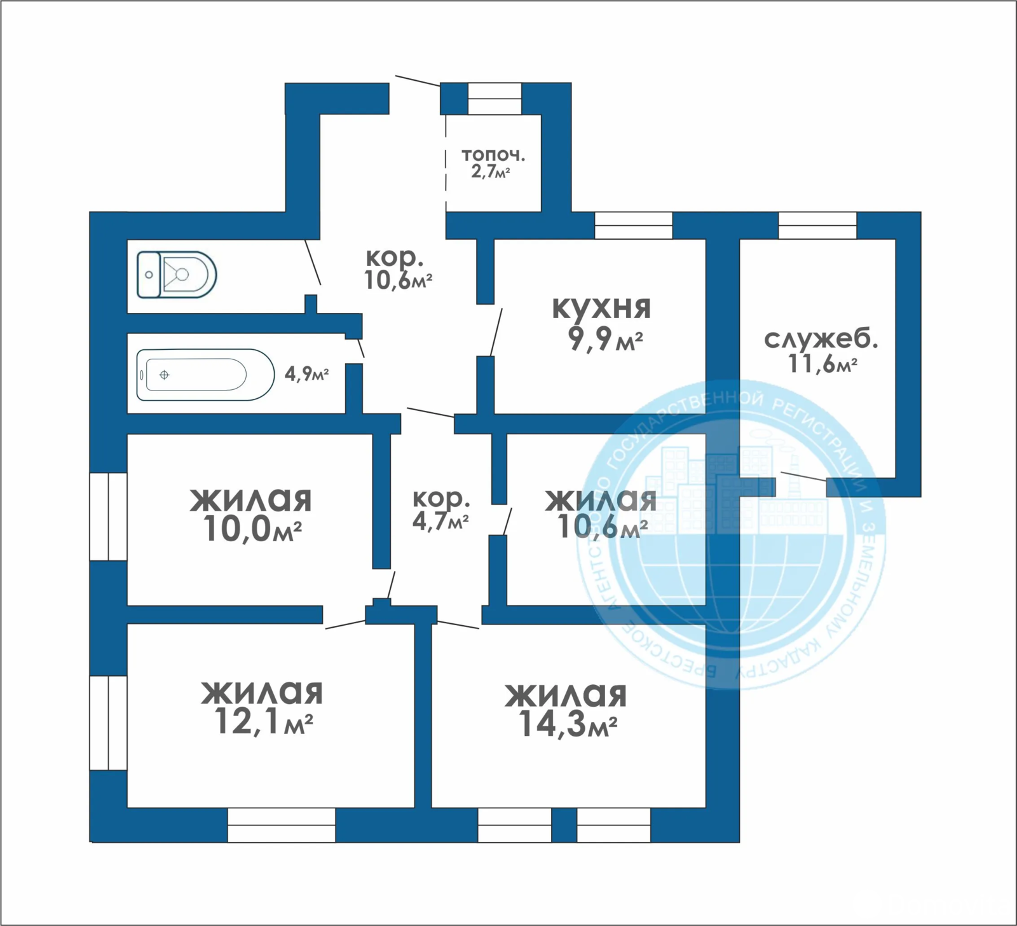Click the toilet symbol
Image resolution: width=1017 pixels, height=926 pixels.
coord(177,275)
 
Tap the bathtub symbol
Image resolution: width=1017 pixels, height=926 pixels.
coord(205,375)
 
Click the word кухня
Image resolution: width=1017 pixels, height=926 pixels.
coord(601,308)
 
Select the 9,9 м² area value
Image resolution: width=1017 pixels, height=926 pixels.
coord(605,339)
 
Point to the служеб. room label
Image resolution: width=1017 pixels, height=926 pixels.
coord(821,339)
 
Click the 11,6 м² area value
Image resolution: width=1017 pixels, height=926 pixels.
coord(823,364)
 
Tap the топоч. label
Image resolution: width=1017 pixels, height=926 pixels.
coord(493,155)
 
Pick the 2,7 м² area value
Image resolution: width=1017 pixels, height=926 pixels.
coord(490,171)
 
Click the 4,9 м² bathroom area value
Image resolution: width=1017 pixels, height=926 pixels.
coord(306,373)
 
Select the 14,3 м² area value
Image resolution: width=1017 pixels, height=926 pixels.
coord(568,724)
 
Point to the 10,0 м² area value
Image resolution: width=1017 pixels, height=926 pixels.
coord(252,529)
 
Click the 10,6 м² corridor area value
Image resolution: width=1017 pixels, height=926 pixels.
coord(399,280)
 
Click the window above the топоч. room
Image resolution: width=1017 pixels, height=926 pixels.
coord(495,99)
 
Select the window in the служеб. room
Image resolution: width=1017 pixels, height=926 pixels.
coord(817,225)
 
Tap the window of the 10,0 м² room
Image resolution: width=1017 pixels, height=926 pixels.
coord(108,516)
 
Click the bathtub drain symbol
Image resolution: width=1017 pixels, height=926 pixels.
coord(164,375)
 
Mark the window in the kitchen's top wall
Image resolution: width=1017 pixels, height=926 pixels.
coord(633,225)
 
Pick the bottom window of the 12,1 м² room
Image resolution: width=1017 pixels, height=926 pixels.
coord(281,825)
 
